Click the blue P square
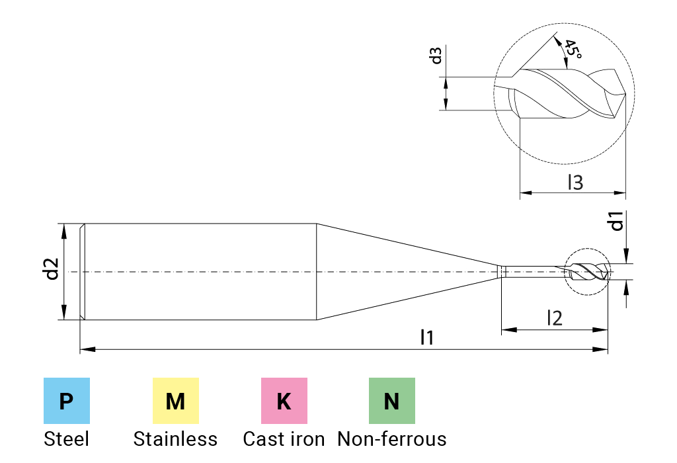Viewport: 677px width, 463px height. (x=67, y=401)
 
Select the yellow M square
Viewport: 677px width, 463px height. (x=175, y=401)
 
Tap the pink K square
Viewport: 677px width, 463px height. (x=284, y=401)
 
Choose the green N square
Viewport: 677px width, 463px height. (x=392, y=401)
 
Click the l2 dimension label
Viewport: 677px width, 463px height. (x=555, y=317)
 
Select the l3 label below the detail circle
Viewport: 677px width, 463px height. (x=577, y=183)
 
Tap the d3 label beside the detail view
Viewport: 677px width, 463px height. (x=436, y=56)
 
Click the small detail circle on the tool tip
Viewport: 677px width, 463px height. (x=586, y=271)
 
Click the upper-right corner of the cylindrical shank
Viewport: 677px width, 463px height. (x=317, y=224)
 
